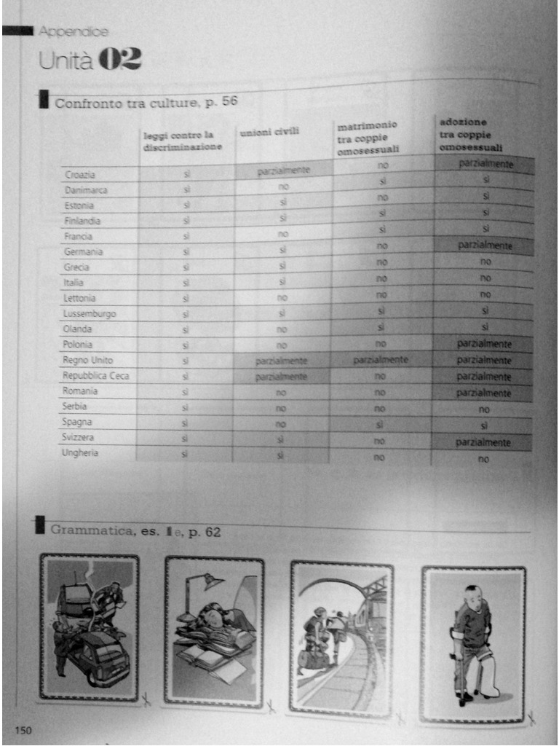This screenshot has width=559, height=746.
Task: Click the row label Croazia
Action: click(x=80, y=175)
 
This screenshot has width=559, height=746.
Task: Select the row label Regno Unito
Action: click(x=88, y=360)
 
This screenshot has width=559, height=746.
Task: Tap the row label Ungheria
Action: click(x=82, y=453)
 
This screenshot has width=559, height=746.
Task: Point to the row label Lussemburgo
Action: click(x=90, y=313)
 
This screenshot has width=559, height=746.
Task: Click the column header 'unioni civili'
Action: click(x=270, y=132)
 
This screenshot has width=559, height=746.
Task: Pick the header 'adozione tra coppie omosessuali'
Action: click(x=471, y=134)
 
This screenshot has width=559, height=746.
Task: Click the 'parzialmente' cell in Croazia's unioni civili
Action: click(x=283, y=172)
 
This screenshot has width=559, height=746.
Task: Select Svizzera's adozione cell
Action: click(x=483, y=442)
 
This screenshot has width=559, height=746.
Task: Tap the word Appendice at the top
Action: click(x=74, y=31)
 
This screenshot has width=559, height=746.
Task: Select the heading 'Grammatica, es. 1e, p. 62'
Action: click(x=135, y=532)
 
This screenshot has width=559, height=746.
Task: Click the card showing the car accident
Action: click(x=90, y=627)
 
